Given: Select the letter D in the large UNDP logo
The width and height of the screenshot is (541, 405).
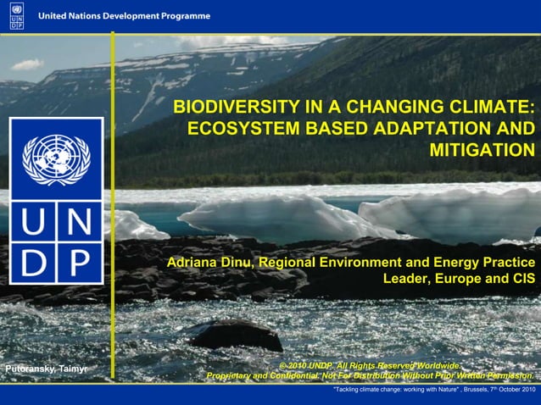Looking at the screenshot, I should [x=34, y=264].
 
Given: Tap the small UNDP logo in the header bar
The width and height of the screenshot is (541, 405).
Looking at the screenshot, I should [x=17, y=16].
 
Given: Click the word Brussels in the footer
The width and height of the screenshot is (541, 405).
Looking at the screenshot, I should [x=450, y=389].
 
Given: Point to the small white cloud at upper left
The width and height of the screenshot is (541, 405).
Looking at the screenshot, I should [x=26, y=64].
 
